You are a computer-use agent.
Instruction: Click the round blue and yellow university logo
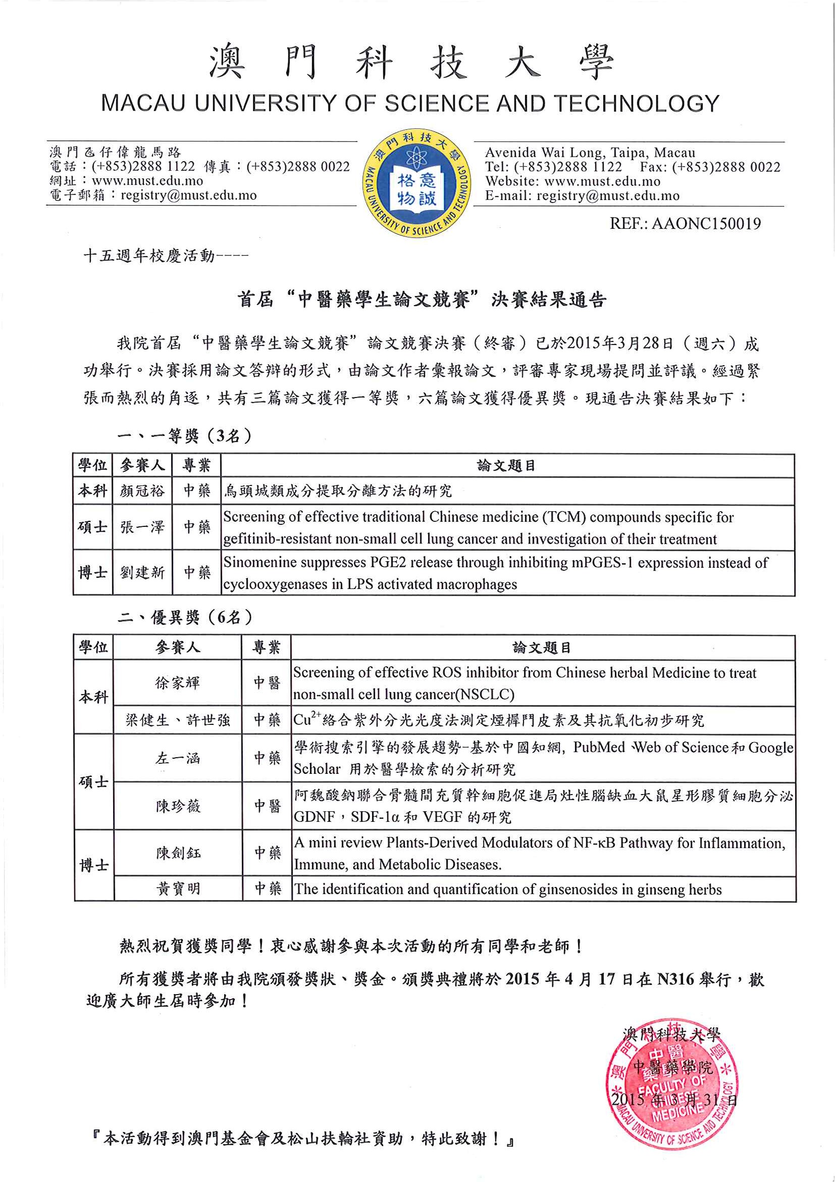(x=416, y=183)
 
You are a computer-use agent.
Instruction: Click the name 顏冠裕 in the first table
(x=142, y=491)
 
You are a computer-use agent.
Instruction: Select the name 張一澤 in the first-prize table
(x=142, y=527)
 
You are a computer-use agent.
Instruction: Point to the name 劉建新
(x=142, y=572)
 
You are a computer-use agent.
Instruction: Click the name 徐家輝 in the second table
(x=177, y=682)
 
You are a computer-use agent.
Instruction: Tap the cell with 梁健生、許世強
(x=178, y=720)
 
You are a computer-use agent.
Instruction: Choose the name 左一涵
(x=178, y=758)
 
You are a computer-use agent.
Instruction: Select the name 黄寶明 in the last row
(x=178, y=889)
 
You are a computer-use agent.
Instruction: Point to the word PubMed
(x=599, y=747)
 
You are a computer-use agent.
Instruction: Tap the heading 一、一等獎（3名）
(x=184, y=436)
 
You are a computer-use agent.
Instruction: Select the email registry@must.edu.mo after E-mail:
(x=608, y=195)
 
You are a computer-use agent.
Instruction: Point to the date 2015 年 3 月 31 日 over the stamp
(x=674, y=1100)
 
